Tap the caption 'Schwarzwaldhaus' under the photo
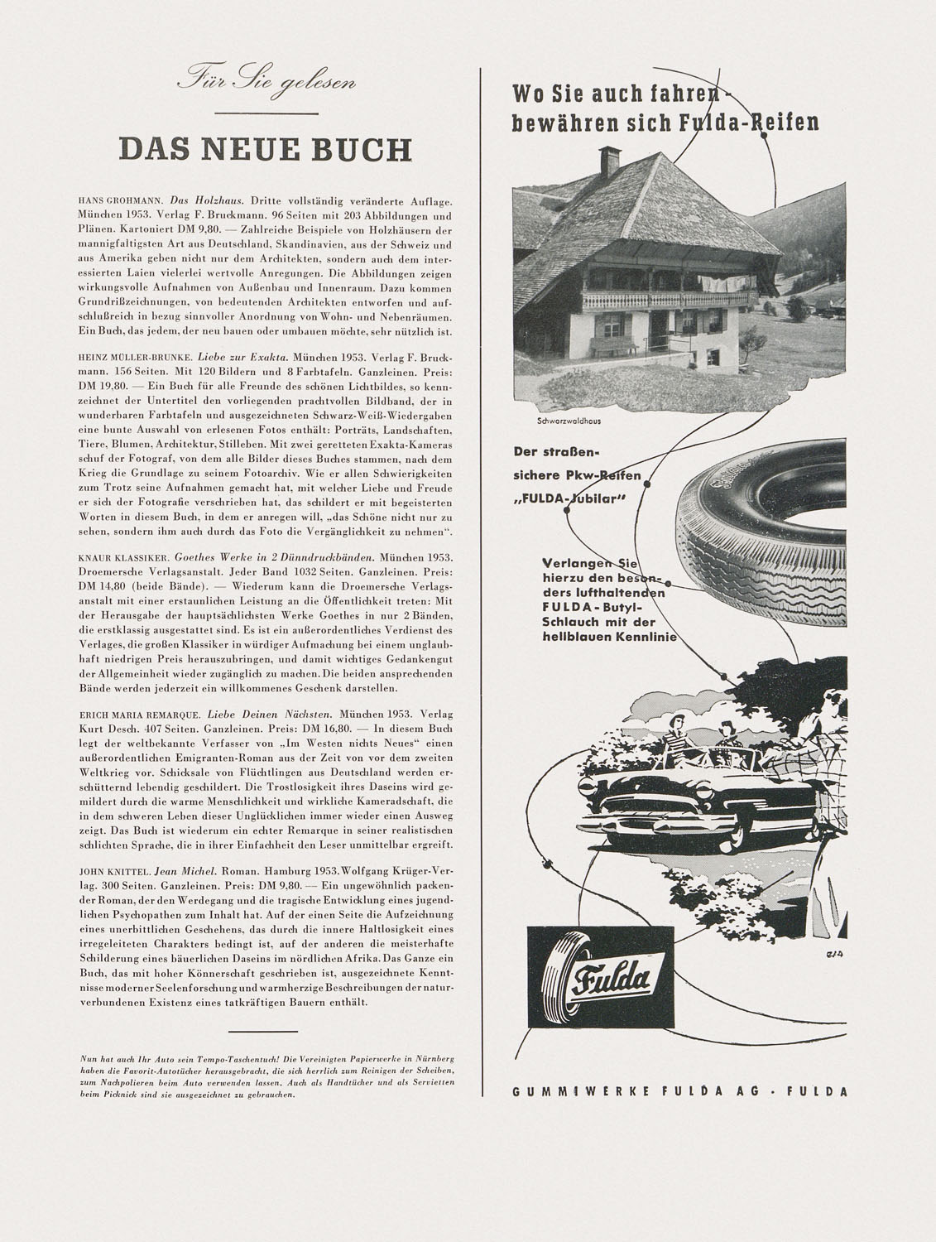568,421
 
